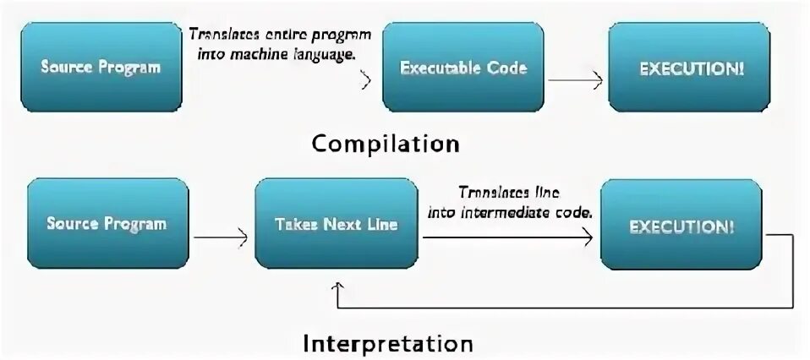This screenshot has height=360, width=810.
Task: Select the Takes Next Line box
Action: [x=337, y=224]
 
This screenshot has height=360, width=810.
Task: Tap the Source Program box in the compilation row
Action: [x=101, y=68]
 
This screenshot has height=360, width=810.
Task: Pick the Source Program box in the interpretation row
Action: [x=107, y=224]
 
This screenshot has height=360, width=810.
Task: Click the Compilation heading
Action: [x=385, y=143]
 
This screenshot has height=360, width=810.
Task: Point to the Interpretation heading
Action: [x=388, y=344]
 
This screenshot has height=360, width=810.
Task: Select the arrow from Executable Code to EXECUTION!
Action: [x=574, y=82]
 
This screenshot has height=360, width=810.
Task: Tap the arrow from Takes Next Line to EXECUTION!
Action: [x=507, y=238]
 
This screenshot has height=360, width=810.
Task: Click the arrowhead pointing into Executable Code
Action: [x=367, y=81]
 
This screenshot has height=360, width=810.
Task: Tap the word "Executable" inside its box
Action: [x=438, y=68]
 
